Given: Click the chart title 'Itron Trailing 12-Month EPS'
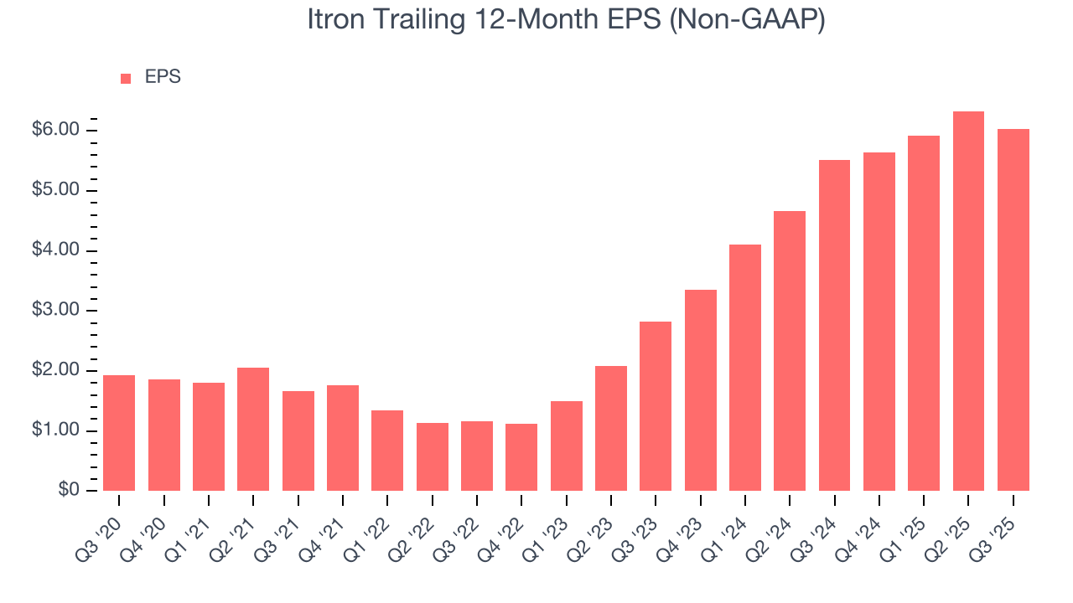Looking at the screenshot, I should point(566,20).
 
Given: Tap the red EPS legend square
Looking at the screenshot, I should point(126,79).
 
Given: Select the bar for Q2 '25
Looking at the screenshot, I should point(968,301).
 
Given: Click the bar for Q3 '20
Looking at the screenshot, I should point(119,433).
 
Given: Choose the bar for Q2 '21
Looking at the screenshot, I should point(253,429).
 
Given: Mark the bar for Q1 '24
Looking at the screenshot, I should point(745,368).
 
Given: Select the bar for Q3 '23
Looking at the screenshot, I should point(656,406).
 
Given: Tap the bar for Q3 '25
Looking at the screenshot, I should point(1013,310).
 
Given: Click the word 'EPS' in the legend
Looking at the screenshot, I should point(163,78).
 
